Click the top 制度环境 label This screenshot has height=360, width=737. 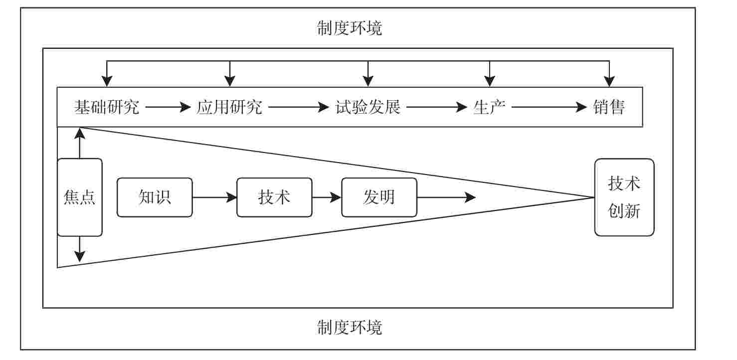[349, 28]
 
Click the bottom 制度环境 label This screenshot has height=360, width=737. [349, 328]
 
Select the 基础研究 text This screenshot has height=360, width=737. [107, 107]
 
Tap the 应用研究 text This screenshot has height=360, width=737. [229, 107]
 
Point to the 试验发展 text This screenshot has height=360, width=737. [368, 107]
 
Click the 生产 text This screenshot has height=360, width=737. [489, 107]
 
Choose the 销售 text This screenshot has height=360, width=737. [609, 107]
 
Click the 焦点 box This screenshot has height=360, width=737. [80, 197]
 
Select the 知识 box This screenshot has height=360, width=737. [155, 197]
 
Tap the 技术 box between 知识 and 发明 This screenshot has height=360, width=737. [274, 197]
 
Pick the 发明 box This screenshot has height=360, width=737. [379, 197]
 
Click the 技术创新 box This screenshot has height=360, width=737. [624, 197]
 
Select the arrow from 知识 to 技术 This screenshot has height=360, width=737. [214, 197]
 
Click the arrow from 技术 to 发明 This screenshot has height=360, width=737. [327, 197]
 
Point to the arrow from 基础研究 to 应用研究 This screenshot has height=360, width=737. [168, 107]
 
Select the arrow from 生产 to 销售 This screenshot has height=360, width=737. [549, 107]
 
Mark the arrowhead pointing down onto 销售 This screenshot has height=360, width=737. [609, 81]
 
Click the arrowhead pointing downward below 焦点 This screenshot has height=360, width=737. [80, 256]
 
